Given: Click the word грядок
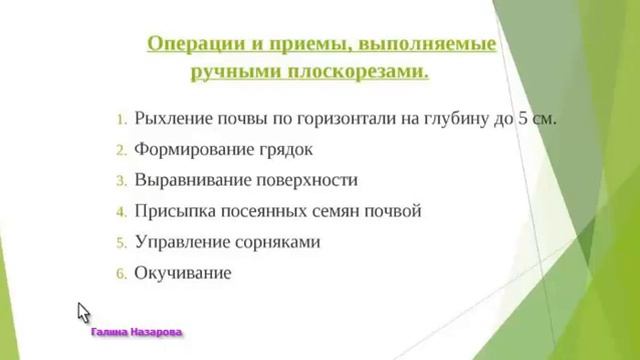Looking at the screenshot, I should (x=286, y=150).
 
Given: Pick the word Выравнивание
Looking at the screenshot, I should (x=192, y=181).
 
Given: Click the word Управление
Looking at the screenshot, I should (x=180, y=242).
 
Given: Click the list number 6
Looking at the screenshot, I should (x=120, y=273).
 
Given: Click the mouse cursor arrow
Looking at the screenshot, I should (x=84, y=312).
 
